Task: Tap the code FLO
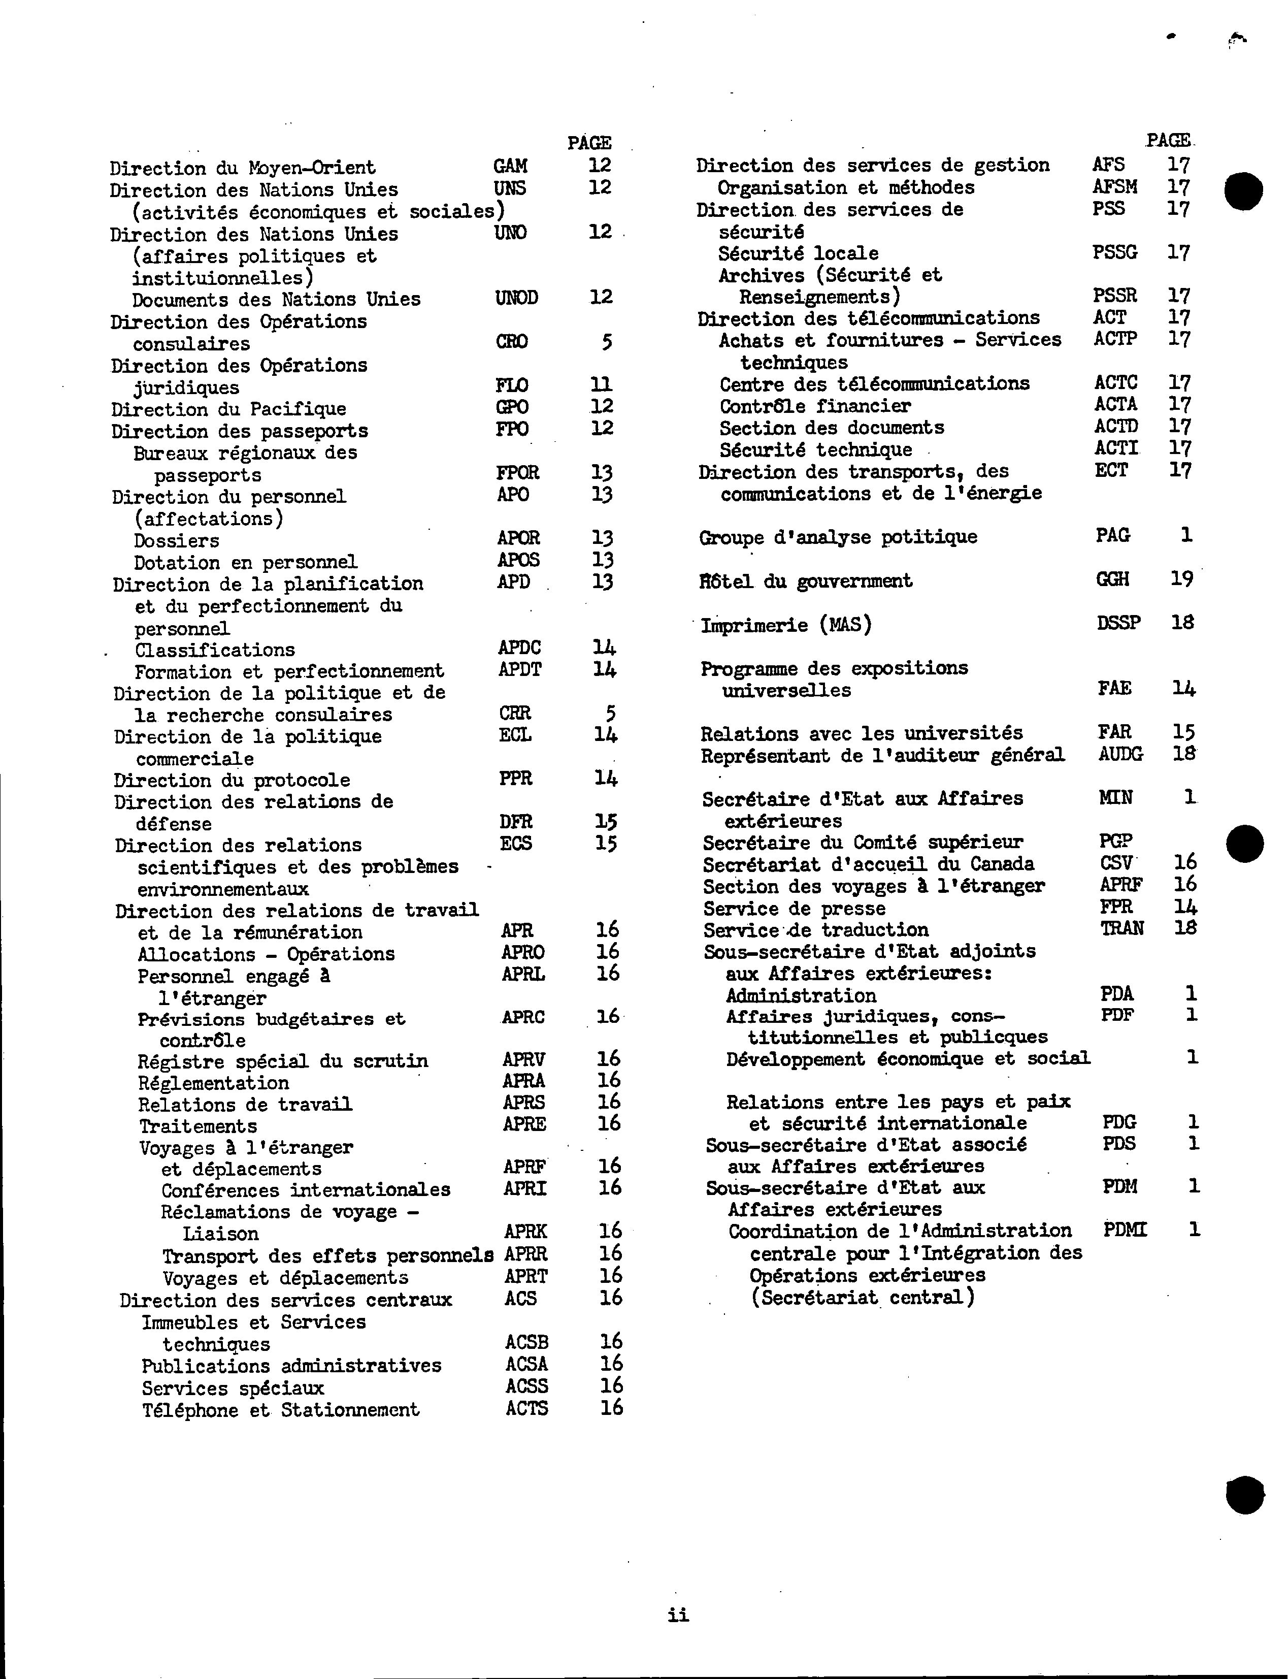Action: pyautogui.click(x=511, y=385)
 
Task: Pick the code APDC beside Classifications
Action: pyautogui.click(x=519, y=649)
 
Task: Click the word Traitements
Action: pyautogui.click(x=198, y=1126)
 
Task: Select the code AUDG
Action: pyautogui.click(x=1120, y=754)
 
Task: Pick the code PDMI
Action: pyautogui.click(x=1125, y=1230)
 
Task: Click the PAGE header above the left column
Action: pyautogui.click(x=589, y=143)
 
